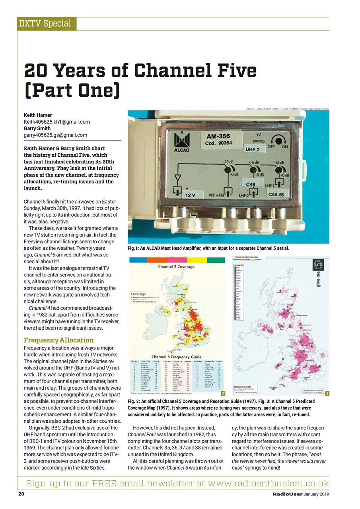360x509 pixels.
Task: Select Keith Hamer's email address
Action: point(57,122)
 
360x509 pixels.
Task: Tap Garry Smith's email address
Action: point(55,135)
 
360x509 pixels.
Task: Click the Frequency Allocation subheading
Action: point(59,340)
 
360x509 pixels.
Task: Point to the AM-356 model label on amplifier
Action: point(218,137)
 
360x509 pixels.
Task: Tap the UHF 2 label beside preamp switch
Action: point(253,149)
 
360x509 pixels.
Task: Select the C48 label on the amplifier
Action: point(251,184)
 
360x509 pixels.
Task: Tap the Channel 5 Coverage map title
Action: point(177,267)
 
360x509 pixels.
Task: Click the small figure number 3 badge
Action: point(326,393)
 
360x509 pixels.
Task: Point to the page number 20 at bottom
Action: point(21,494)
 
